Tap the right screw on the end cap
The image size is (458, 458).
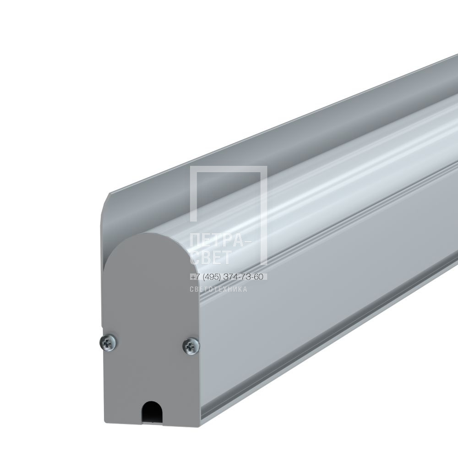pos(191,346)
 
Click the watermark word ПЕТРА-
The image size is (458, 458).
pos(221,241)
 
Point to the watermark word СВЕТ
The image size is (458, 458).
pos(211,257)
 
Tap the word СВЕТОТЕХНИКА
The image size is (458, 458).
pos(218,289)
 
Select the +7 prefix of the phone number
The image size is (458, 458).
pos(195,276)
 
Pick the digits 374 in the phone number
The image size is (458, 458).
pos(230,276)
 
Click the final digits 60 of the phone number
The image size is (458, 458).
pos(258,276)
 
